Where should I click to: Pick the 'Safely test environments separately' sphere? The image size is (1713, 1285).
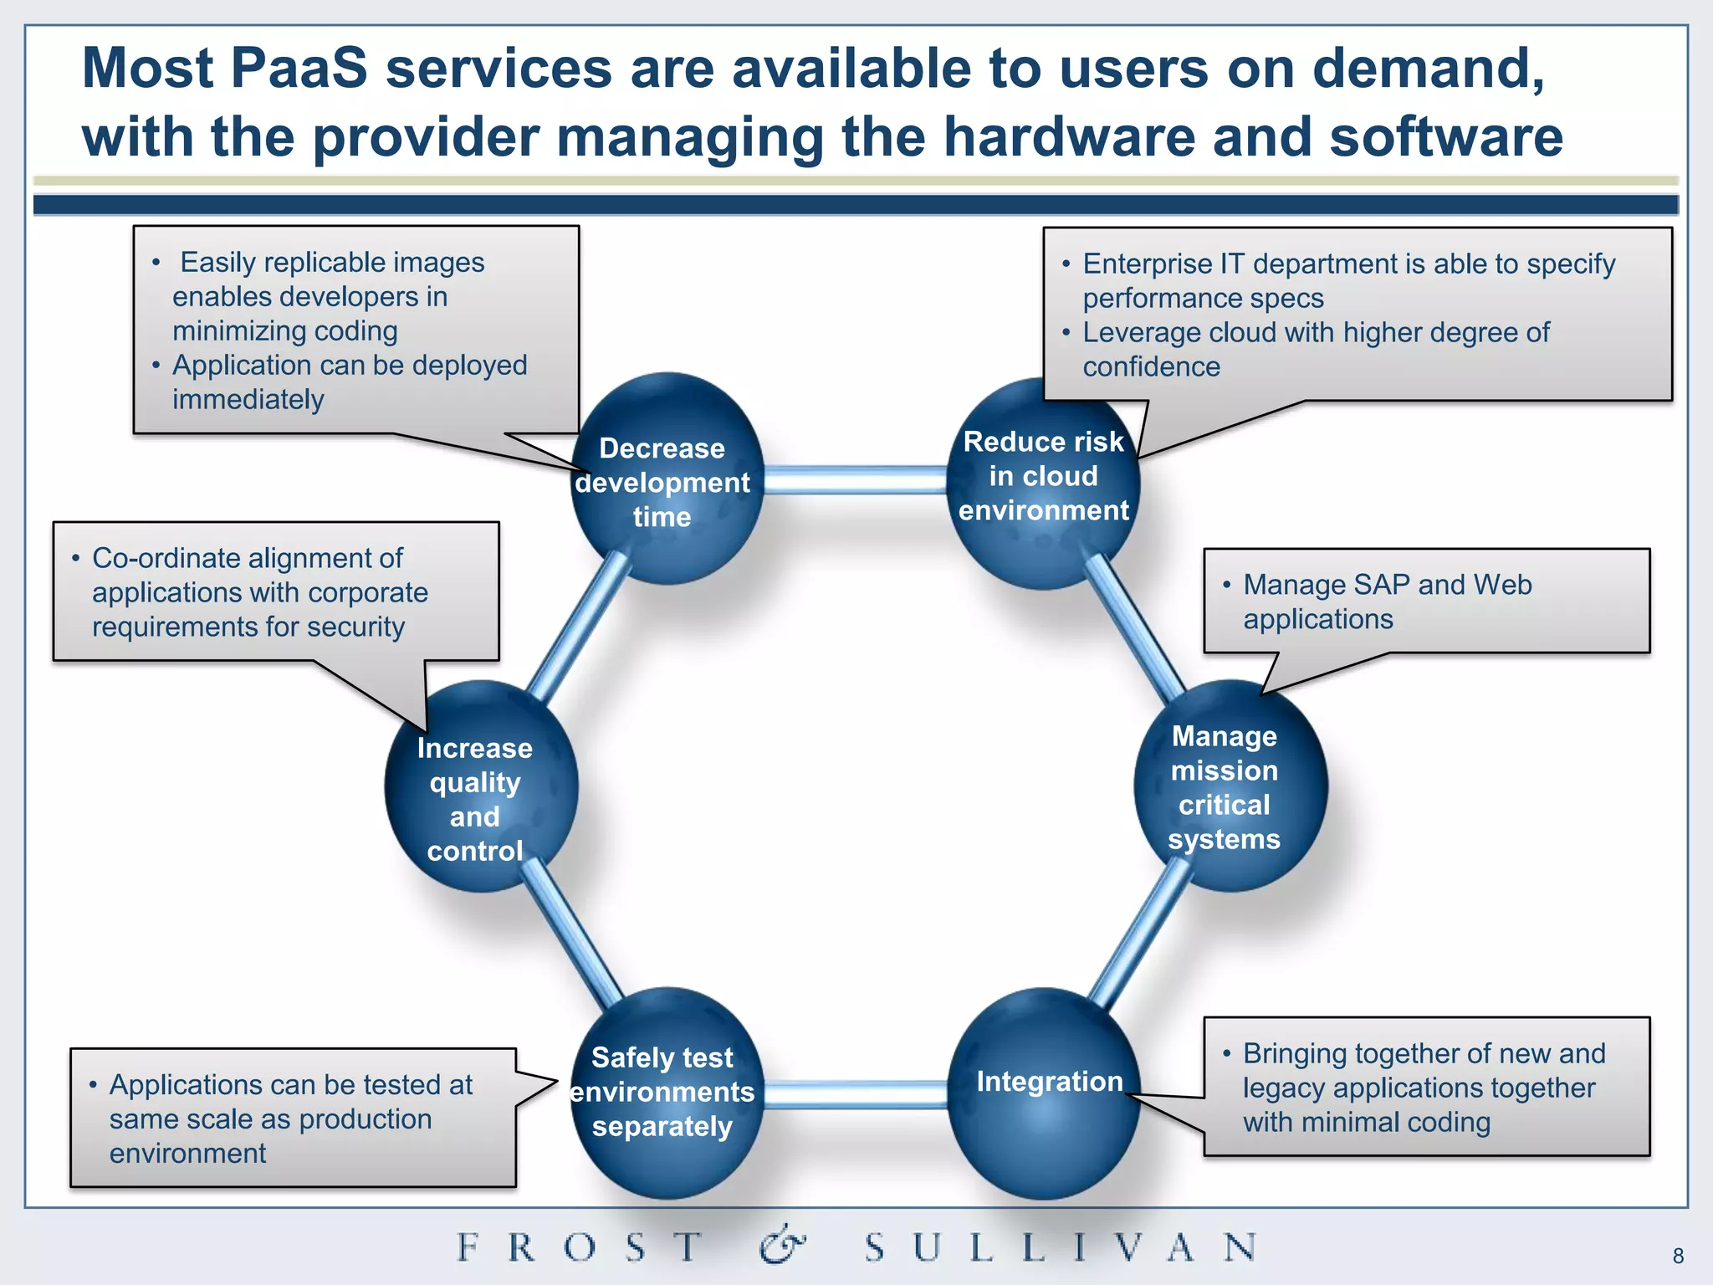(665, 1092)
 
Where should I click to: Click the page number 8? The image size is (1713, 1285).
(1678, 1256)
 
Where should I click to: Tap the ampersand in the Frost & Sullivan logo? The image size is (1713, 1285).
(782, 1246)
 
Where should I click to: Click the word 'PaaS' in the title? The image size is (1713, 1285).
(298, 69)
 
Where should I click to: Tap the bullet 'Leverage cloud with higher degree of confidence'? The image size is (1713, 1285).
(1313, 349)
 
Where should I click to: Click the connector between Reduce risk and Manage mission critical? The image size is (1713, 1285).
(1135, 627)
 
